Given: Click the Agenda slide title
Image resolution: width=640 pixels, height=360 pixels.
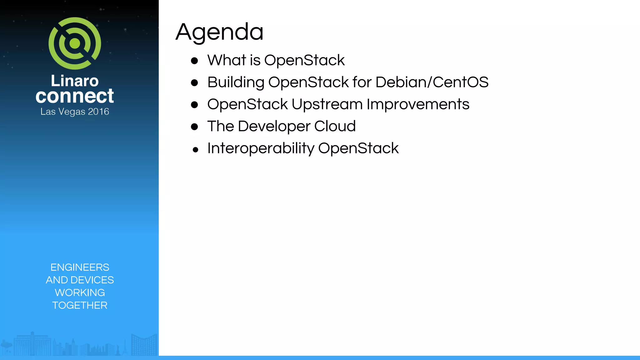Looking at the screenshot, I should point(219,32).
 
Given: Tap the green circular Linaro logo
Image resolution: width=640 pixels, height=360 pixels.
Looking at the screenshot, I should point(75,43).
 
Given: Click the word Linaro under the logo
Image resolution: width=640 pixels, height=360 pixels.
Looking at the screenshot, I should point(75,81).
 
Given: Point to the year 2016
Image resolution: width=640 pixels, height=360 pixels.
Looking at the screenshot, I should point(98,112).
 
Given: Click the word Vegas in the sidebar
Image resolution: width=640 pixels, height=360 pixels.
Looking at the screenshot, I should point(72,112).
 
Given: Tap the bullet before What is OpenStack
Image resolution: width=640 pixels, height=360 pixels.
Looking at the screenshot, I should point(194,61).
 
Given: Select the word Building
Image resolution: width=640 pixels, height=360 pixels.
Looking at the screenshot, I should point(236,82).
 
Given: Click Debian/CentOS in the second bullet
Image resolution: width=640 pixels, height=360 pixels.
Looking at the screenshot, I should point(432,82).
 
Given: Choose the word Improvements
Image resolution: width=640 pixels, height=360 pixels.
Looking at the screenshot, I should point(418,104).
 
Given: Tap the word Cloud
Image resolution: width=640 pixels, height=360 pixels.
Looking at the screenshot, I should point(335,126).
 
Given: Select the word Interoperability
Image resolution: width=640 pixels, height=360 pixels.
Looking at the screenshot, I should point(261,148).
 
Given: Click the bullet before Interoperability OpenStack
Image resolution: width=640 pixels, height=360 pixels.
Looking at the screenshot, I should point(196,150).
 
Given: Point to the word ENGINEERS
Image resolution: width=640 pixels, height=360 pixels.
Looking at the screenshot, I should point(80,267).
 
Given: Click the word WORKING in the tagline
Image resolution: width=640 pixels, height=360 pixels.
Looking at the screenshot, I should point(80,292).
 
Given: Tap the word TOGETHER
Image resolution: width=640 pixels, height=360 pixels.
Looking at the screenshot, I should point(80,305).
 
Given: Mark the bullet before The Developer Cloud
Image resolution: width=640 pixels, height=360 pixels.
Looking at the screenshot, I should point(194,127).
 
